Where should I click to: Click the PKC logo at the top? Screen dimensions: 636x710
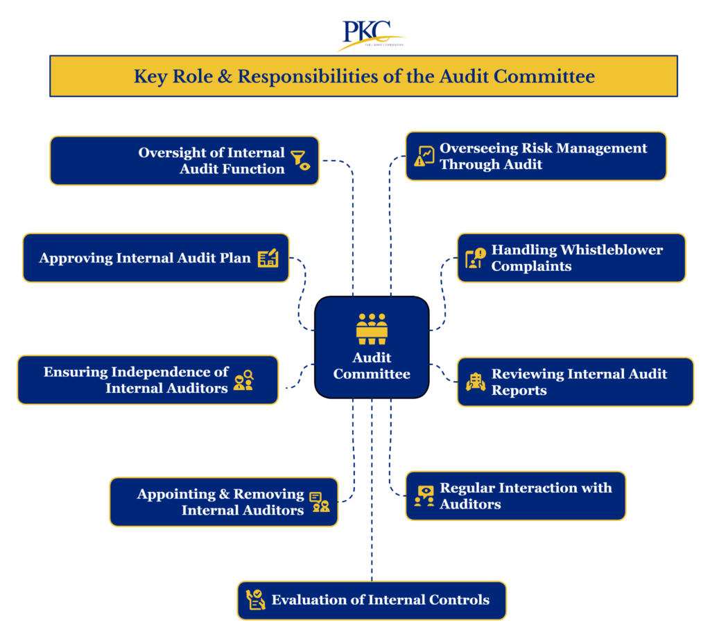click(367, 33)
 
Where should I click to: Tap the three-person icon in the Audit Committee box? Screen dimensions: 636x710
click(372, 328)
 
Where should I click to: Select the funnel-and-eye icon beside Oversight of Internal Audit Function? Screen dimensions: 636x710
click(301, 160)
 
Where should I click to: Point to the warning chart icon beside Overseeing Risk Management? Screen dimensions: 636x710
click(424, 156)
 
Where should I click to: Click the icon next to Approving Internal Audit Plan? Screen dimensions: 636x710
click(268, 258)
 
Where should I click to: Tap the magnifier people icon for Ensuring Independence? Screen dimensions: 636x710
click(243, 380)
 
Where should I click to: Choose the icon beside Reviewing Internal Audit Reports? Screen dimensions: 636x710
click(476, 382)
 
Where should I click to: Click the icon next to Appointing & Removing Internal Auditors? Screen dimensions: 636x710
click(320, 502)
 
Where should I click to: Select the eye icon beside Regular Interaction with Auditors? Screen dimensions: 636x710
click(424, 495)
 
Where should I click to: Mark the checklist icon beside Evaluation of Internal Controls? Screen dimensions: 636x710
click(255, 600)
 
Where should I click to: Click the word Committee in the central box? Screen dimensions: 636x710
click(372, 374)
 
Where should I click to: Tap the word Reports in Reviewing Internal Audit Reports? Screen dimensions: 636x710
click(519, 391)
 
